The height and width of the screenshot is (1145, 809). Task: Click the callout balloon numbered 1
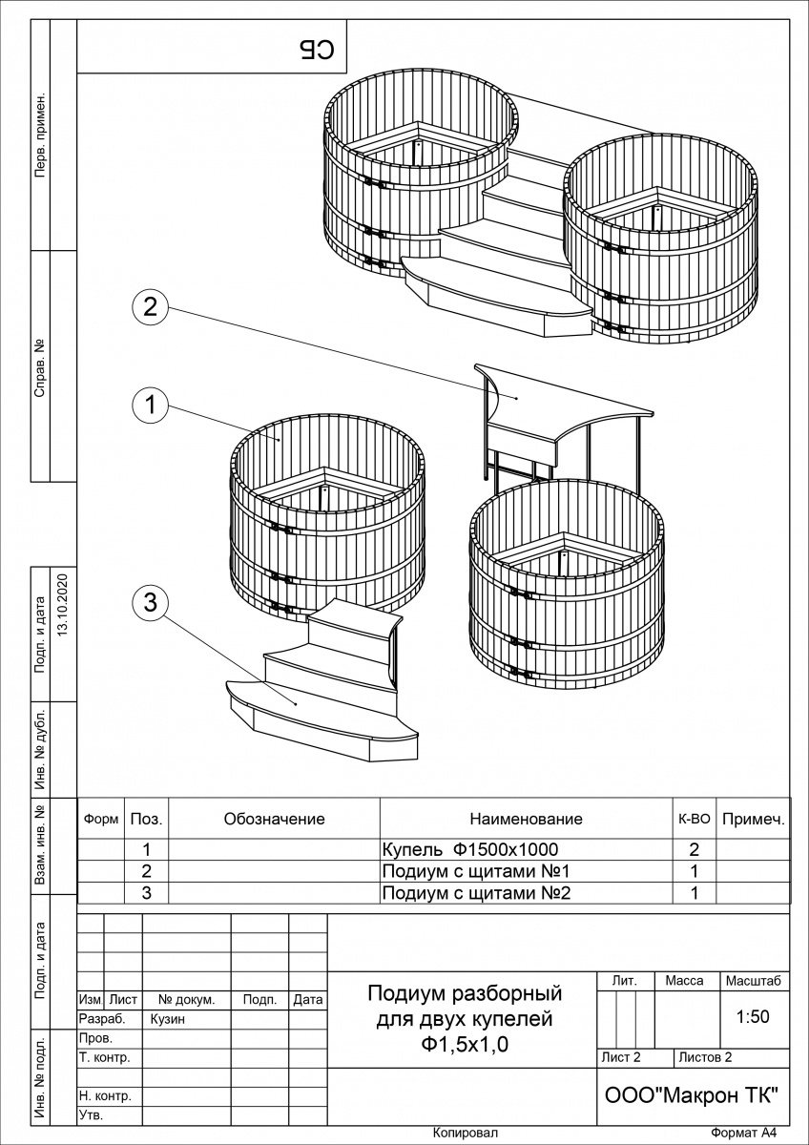150,405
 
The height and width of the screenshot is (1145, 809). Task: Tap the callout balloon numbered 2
150,306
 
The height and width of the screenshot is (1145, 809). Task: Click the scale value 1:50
753,1017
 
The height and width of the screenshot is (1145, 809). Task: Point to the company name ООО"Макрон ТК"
692,1095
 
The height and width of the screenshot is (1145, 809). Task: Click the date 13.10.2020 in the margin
64,605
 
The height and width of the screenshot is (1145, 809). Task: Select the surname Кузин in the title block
168,1019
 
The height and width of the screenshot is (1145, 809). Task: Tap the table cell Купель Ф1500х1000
469,849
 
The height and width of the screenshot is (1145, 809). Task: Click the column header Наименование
526,819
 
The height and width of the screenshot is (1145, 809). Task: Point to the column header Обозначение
274,819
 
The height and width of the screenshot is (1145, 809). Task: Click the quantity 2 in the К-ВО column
694,849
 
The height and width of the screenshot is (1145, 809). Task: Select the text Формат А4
745,1133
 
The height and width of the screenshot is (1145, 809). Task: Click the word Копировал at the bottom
465,1133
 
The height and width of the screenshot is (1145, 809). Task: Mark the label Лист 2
622,1057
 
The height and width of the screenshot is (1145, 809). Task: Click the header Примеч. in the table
754,819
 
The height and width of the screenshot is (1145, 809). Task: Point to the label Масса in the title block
684,981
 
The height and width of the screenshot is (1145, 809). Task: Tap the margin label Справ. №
40,367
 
